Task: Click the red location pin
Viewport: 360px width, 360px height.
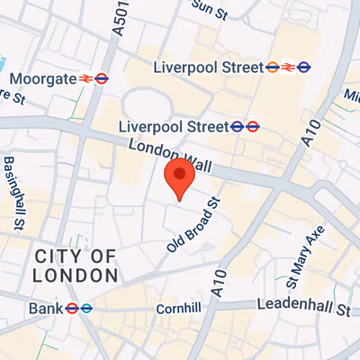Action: pos(179,176)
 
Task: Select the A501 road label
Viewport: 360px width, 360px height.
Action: pos(117,17)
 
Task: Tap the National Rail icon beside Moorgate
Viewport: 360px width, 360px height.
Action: pos(86,78)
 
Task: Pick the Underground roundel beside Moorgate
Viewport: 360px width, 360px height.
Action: pos(103,78)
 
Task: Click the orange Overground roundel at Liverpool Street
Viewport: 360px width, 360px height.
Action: pos(272,66)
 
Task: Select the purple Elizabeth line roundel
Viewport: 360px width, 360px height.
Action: pos(304,66)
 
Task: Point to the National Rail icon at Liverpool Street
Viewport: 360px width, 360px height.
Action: pos(288,66)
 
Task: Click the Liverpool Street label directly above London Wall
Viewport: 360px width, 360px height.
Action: pos(175,126)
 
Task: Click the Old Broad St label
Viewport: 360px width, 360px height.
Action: pos(193,224)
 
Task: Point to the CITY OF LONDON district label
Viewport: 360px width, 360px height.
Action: pos(77,265)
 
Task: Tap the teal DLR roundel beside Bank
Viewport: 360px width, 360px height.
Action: pos(86,308)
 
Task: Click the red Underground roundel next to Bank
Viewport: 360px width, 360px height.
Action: pos(71,308)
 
